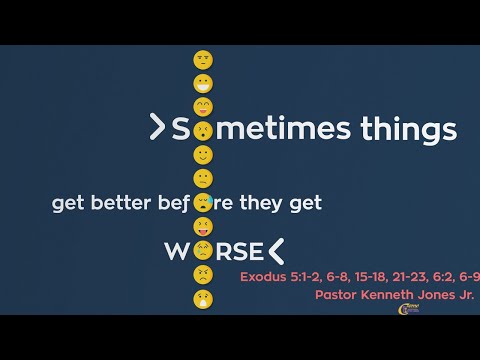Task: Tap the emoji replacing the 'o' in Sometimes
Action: [203, 130]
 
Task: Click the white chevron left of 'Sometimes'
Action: [156, 127]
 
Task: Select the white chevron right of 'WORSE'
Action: [276, 250]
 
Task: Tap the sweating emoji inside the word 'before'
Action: [203, 203]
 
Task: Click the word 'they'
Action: [266, 203]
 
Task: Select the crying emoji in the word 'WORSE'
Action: [203, 250]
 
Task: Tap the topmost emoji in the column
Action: [203, 60]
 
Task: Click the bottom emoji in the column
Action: [203, 298]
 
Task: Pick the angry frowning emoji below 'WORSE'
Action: [203, 274]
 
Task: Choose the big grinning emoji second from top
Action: [203, 107]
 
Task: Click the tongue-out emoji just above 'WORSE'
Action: [203, 227]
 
